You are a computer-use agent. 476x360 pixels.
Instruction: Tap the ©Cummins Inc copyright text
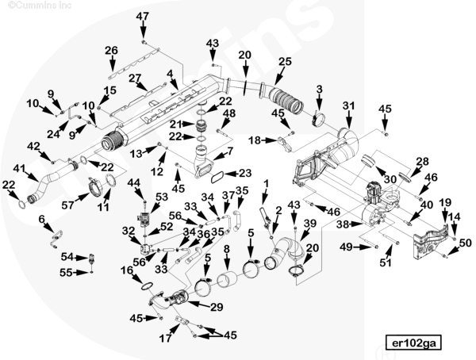click(x=30, y=5)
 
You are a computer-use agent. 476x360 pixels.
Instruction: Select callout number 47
click(x=142, y=17)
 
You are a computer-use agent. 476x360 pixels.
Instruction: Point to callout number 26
click(x=111, y=51)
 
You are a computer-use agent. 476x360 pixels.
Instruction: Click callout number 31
click(x=348, y=106)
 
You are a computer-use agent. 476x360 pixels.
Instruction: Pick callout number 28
click(x=422, y=161)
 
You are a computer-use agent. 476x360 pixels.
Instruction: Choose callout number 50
click(x=465, y=243)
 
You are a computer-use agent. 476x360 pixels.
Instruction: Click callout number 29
click(x=217, y=306)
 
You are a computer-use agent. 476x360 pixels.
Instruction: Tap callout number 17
click(x=165, y=339)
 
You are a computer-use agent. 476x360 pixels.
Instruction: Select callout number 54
click(x=68, y=257)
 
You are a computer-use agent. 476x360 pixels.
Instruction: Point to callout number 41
click(x=19, y=168)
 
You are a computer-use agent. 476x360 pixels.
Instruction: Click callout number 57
click(x=67, y=205)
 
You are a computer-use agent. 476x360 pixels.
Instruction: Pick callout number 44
click(x=134, y=183)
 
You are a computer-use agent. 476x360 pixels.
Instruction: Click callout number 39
click(x=310, y=224)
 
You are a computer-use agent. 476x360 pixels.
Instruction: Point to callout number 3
click(x=319, y=89)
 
